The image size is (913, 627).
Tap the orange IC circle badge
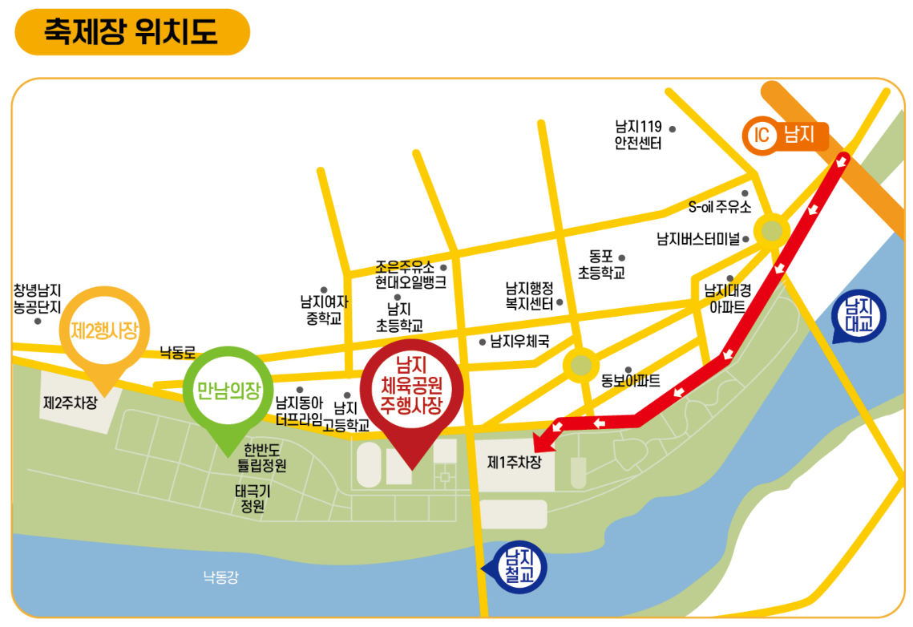coord(761,136)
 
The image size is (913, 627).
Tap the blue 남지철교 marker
coord(520,568)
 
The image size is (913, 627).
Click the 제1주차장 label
coord(515,463)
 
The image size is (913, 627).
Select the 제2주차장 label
coord(70,402)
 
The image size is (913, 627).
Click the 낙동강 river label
coord(220,576)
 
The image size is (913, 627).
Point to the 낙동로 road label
coord(177,352)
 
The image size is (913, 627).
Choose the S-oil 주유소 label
coord(720,207)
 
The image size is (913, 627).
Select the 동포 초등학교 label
coord(601,265)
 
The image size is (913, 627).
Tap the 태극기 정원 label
coord(253,498)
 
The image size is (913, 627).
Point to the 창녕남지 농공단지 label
coord(38,297)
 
